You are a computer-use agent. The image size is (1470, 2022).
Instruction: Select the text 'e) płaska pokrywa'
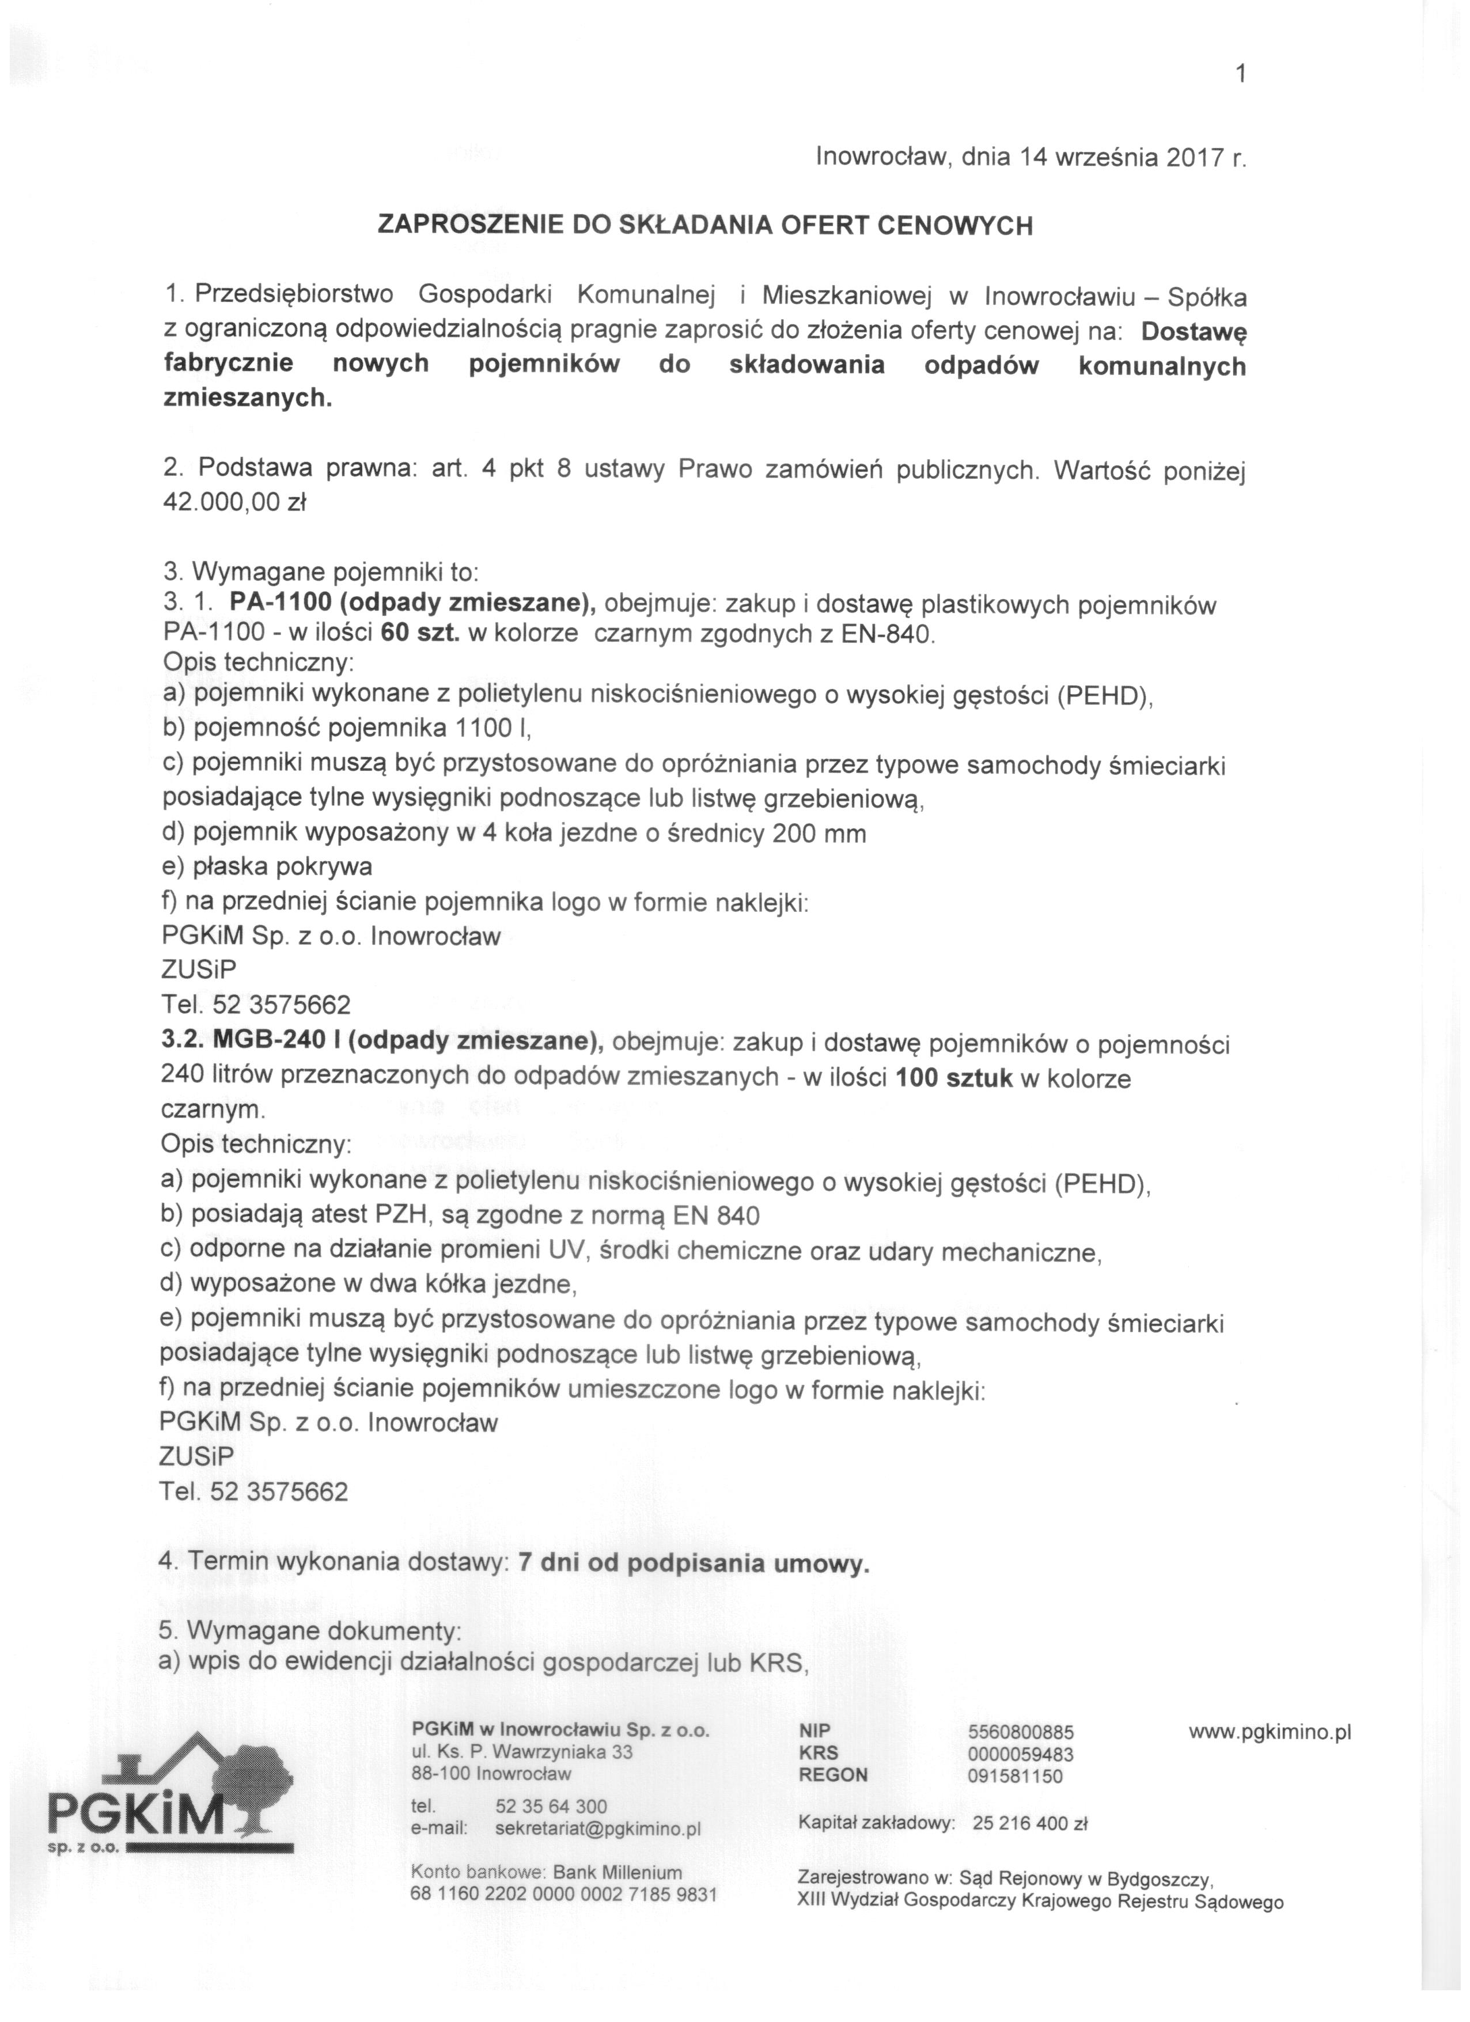point(267,866)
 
